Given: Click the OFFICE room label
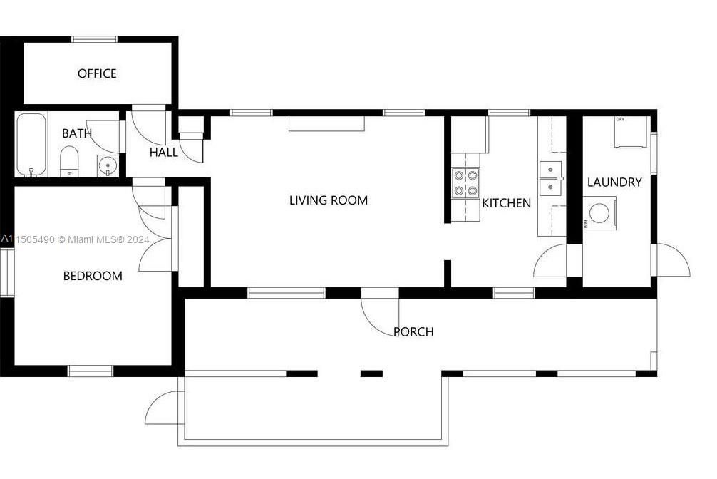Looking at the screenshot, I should [x=97, y=73].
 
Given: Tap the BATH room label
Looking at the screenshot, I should [x=76, y=133].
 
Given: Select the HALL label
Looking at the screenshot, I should [x=163, y=153].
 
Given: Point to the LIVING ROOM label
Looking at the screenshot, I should [x=329, y=200].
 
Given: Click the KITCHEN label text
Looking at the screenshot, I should [x=507, y=203].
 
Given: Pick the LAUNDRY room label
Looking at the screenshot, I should [x=614, y=182].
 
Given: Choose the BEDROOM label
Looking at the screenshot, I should [x=93, y=276].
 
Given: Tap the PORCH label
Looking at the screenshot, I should [x=413, y=332].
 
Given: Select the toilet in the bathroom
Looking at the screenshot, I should [x=69, y=160].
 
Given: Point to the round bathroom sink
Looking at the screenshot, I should [x=108, y=166].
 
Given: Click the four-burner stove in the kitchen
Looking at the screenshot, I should [x=465, y=182].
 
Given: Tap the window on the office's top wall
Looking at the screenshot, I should [x=94, y=39].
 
